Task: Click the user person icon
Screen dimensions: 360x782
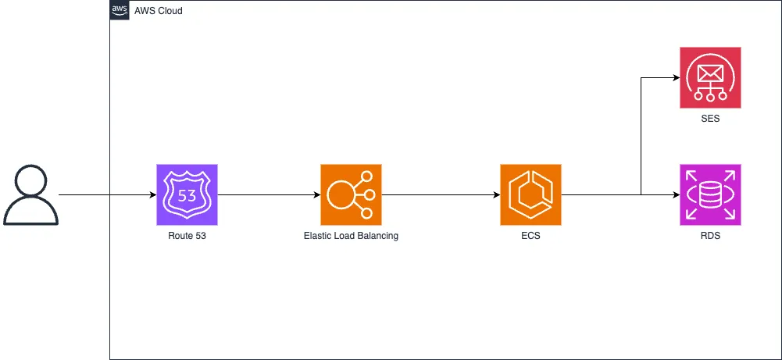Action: [30, 194]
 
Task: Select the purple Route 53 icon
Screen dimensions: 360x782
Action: [187, 194]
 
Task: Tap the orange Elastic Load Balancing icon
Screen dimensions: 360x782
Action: [351, 194]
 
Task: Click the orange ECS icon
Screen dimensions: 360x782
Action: [530, 194]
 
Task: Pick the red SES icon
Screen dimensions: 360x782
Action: [710, 77]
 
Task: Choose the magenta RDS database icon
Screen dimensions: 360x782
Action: [710, 194]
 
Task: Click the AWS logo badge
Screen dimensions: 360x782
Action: [120, 10]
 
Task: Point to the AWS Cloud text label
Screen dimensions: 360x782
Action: [159, 11]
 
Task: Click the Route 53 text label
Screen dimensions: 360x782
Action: [187, 235]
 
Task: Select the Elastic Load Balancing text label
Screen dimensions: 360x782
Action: [351, 235]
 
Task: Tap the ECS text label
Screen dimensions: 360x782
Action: [530, 235]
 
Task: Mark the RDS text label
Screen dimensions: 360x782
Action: [710, 235]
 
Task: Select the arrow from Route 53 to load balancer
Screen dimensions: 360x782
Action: [270, 194]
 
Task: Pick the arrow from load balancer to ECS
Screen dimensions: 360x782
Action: [441, 194]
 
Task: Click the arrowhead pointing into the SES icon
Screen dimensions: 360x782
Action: [675, 78]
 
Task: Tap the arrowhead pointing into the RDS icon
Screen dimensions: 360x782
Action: [675, 194]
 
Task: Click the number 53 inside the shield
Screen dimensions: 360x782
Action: [187, 195]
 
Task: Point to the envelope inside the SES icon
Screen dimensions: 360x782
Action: [710, 73]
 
